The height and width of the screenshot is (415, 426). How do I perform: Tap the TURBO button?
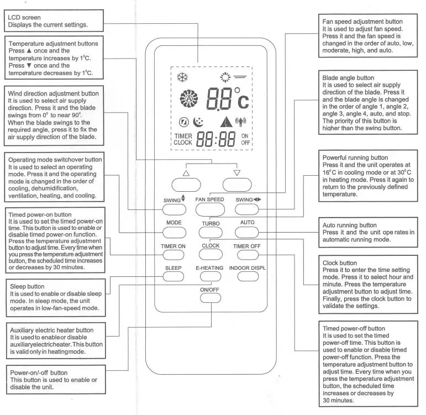(x=211, y=232)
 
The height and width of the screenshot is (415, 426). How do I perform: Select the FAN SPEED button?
(x=211, y=208)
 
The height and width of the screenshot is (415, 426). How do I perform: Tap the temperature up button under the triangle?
(x=186, y=183)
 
